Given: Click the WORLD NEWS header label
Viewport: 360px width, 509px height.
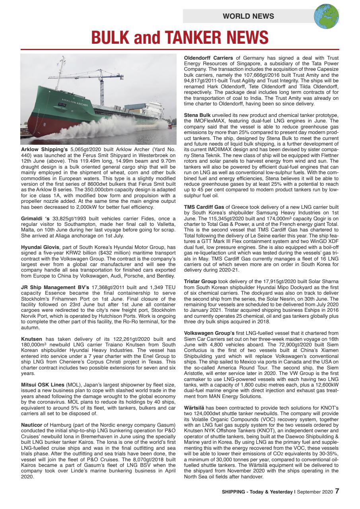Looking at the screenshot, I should click(x=248, y=16).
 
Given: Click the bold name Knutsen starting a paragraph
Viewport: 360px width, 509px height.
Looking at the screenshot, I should click(x=31, y=339).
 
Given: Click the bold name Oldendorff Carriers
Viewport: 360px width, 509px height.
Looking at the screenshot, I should click(x=208, y=58).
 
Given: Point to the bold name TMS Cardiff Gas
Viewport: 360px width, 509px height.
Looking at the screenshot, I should click(x=204, y=207).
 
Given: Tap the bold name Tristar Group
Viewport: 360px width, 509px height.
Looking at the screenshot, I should click(x=200, y=282).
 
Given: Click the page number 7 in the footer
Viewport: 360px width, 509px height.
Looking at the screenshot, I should click(x=337, y=491).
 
